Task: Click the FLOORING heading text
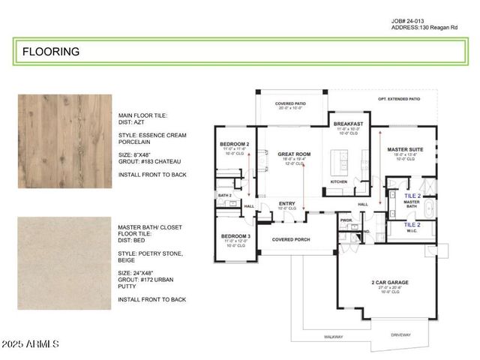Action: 51,52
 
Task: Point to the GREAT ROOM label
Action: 283,154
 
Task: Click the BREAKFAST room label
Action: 348,123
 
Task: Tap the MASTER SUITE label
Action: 405,149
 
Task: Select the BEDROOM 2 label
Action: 234,144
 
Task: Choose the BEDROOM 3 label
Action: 235,235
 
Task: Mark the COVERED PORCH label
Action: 292,240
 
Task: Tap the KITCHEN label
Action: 339,181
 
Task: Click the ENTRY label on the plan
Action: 286,203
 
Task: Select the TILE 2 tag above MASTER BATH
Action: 412,195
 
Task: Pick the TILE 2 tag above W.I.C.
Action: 412,224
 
